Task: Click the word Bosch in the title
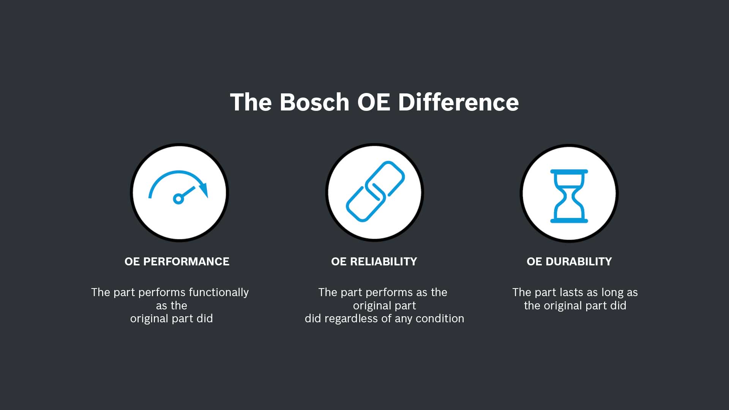click(314, 102)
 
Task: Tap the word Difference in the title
click(458, 102)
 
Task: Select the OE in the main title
click(374, 102)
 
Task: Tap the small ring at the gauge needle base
click(178, 199)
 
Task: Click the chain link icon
click(375, 191)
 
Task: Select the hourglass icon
click(569, 196)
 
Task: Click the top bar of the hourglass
click(569, 172)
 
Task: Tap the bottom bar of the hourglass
click(569, 221)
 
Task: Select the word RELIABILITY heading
click(383, 262)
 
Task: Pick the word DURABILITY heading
click(579, 262)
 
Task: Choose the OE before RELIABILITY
click(339, 262)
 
